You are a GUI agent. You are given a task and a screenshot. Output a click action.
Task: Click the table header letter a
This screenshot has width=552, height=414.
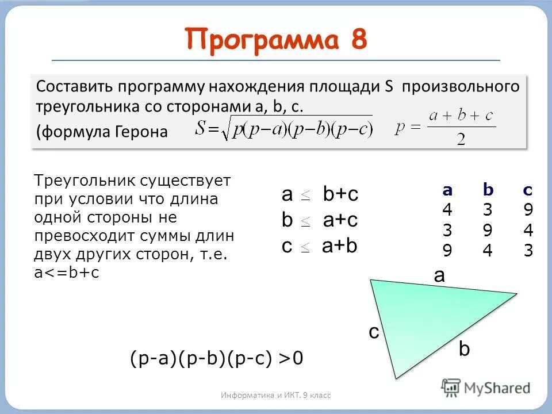(447, 191)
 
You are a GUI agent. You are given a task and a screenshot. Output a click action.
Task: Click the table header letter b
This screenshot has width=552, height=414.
(488, 191)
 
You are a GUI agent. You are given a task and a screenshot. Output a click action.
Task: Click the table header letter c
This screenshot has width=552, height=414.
(528, 191)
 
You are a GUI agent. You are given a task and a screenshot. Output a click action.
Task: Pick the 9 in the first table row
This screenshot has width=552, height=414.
(528, 210)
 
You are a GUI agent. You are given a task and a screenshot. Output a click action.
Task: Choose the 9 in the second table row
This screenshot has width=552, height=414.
(488, 231)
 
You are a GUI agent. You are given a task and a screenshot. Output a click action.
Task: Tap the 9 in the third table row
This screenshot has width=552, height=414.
(447, 251)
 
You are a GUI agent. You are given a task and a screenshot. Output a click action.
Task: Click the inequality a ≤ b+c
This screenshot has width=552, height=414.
(320, 194)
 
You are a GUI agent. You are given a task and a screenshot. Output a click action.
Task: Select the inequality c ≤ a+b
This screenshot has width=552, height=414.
(320, 246)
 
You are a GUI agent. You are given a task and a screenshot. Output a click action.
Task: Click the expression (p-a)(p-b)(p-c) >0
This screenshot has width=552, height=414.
(216, 358)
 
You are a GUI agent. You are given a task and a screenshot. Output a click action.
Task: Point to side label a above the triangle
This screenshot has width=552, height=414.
(439, 275)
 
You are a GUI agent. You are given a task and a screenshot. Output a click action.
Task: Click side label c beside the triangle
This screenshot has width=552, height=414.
(374, 332)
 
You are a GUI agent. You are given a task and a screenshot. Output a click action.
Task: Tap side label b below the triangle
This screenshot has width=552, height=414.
(464, 349)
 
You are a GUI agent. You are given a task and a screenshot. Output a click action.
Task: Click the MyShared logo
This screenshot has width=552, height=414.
(486, 388)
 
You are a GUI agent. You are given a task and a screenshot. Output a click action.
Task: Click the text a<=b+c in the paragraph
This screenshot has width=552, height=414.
(67, 273)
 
